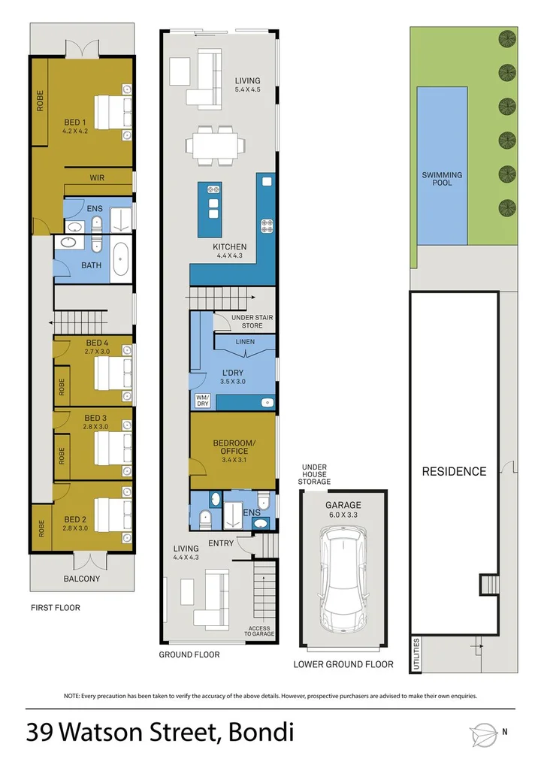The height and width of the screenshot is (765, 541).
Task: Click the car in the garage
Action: coord(343,579)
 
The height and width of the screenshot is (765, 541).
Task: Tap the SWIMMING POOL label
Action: coord(443,179)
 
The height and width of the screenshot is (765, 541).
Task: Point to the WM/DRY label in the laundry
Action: coord(202,401)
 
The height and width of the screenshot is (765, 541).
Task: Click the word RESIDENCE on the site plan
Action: coord(454,471)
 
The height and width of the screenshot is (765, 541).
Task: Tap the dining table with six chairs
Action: coord(218,144)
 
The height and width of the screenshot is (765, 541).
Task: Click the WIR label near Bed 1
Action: coord(97,178)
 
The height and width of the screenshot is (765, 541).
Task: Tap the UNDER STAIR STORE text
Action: coord(252,322)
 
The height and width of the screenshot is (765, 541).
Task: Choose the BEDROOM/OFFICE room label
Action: coord(234,446)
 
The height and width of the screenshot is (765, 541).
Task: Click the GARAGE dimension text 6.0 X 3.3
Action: coord(343,516)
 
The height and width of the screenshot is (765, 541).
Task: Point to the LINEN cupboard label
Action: coord(245,342)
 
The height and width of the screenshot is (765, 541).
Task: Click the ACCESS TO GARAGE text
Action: coord(258,630)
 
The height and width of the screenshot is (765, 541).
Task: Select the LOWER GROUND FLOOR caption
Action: coord(343,664)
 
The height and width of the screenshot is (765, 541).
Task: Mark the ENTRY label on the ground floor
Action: coord(222,543)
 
